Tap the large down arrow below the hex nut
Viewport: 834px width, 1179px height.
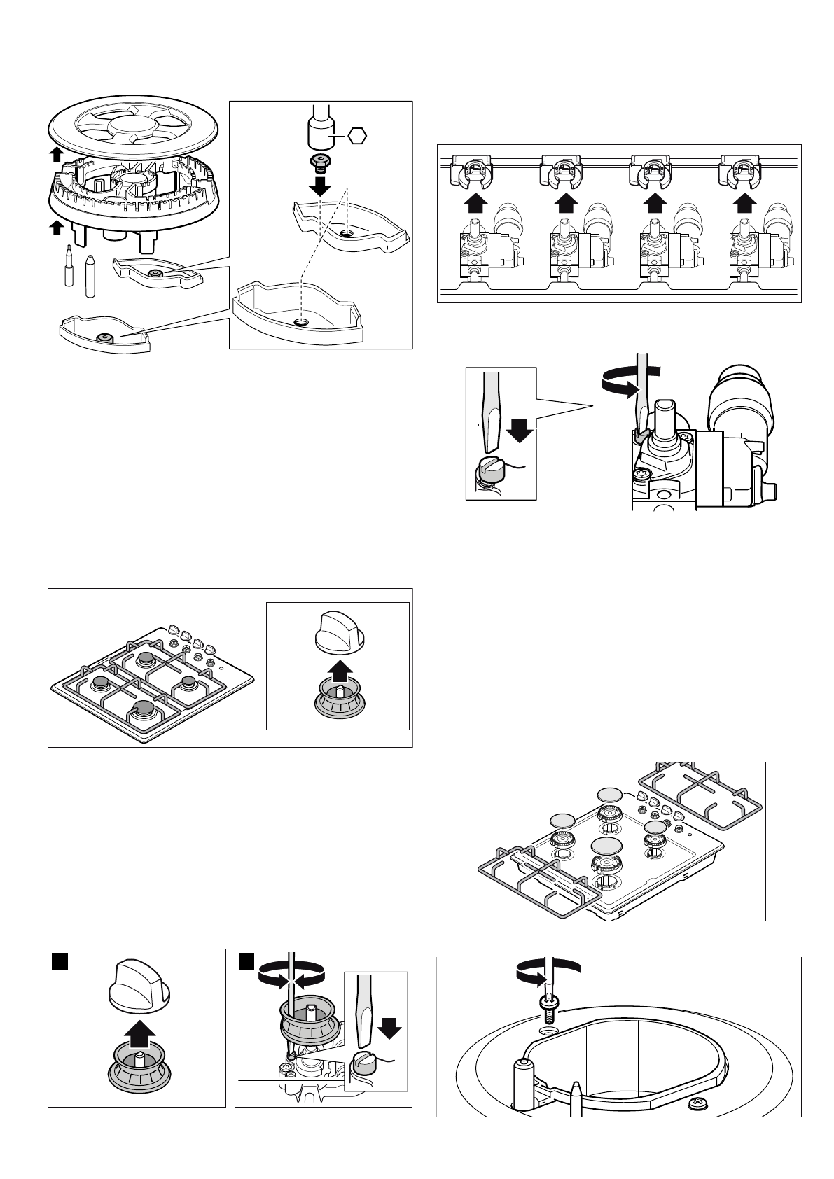pos(321,185)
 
